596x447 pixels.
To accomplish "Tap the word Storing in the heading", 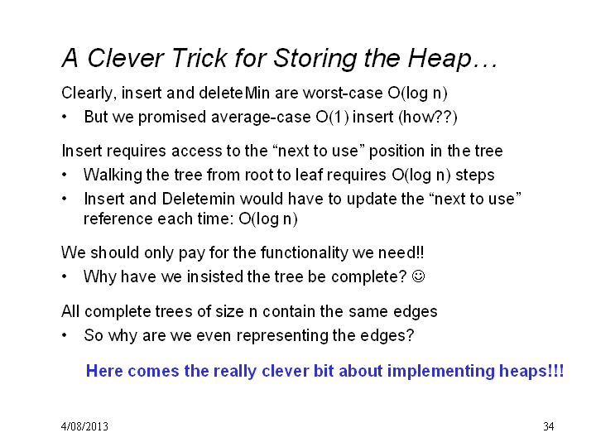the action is click(315, 59).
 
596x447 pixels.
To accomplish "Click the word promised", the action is click(172, 117).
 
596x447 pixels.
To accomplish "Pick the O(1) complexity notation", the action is click(332, 117).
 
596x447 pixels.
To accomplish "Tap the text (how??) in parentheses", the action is click(428, 117).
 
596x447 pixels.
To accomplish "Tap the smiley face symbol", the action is click(419, 276).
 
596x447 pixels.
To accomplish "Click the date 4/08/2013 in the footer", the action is click(84, 426).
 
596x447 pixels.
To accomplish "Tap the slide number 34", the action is click(548, 426).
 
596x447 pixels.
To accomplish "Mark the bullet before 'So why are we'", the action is click(65, 335).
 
